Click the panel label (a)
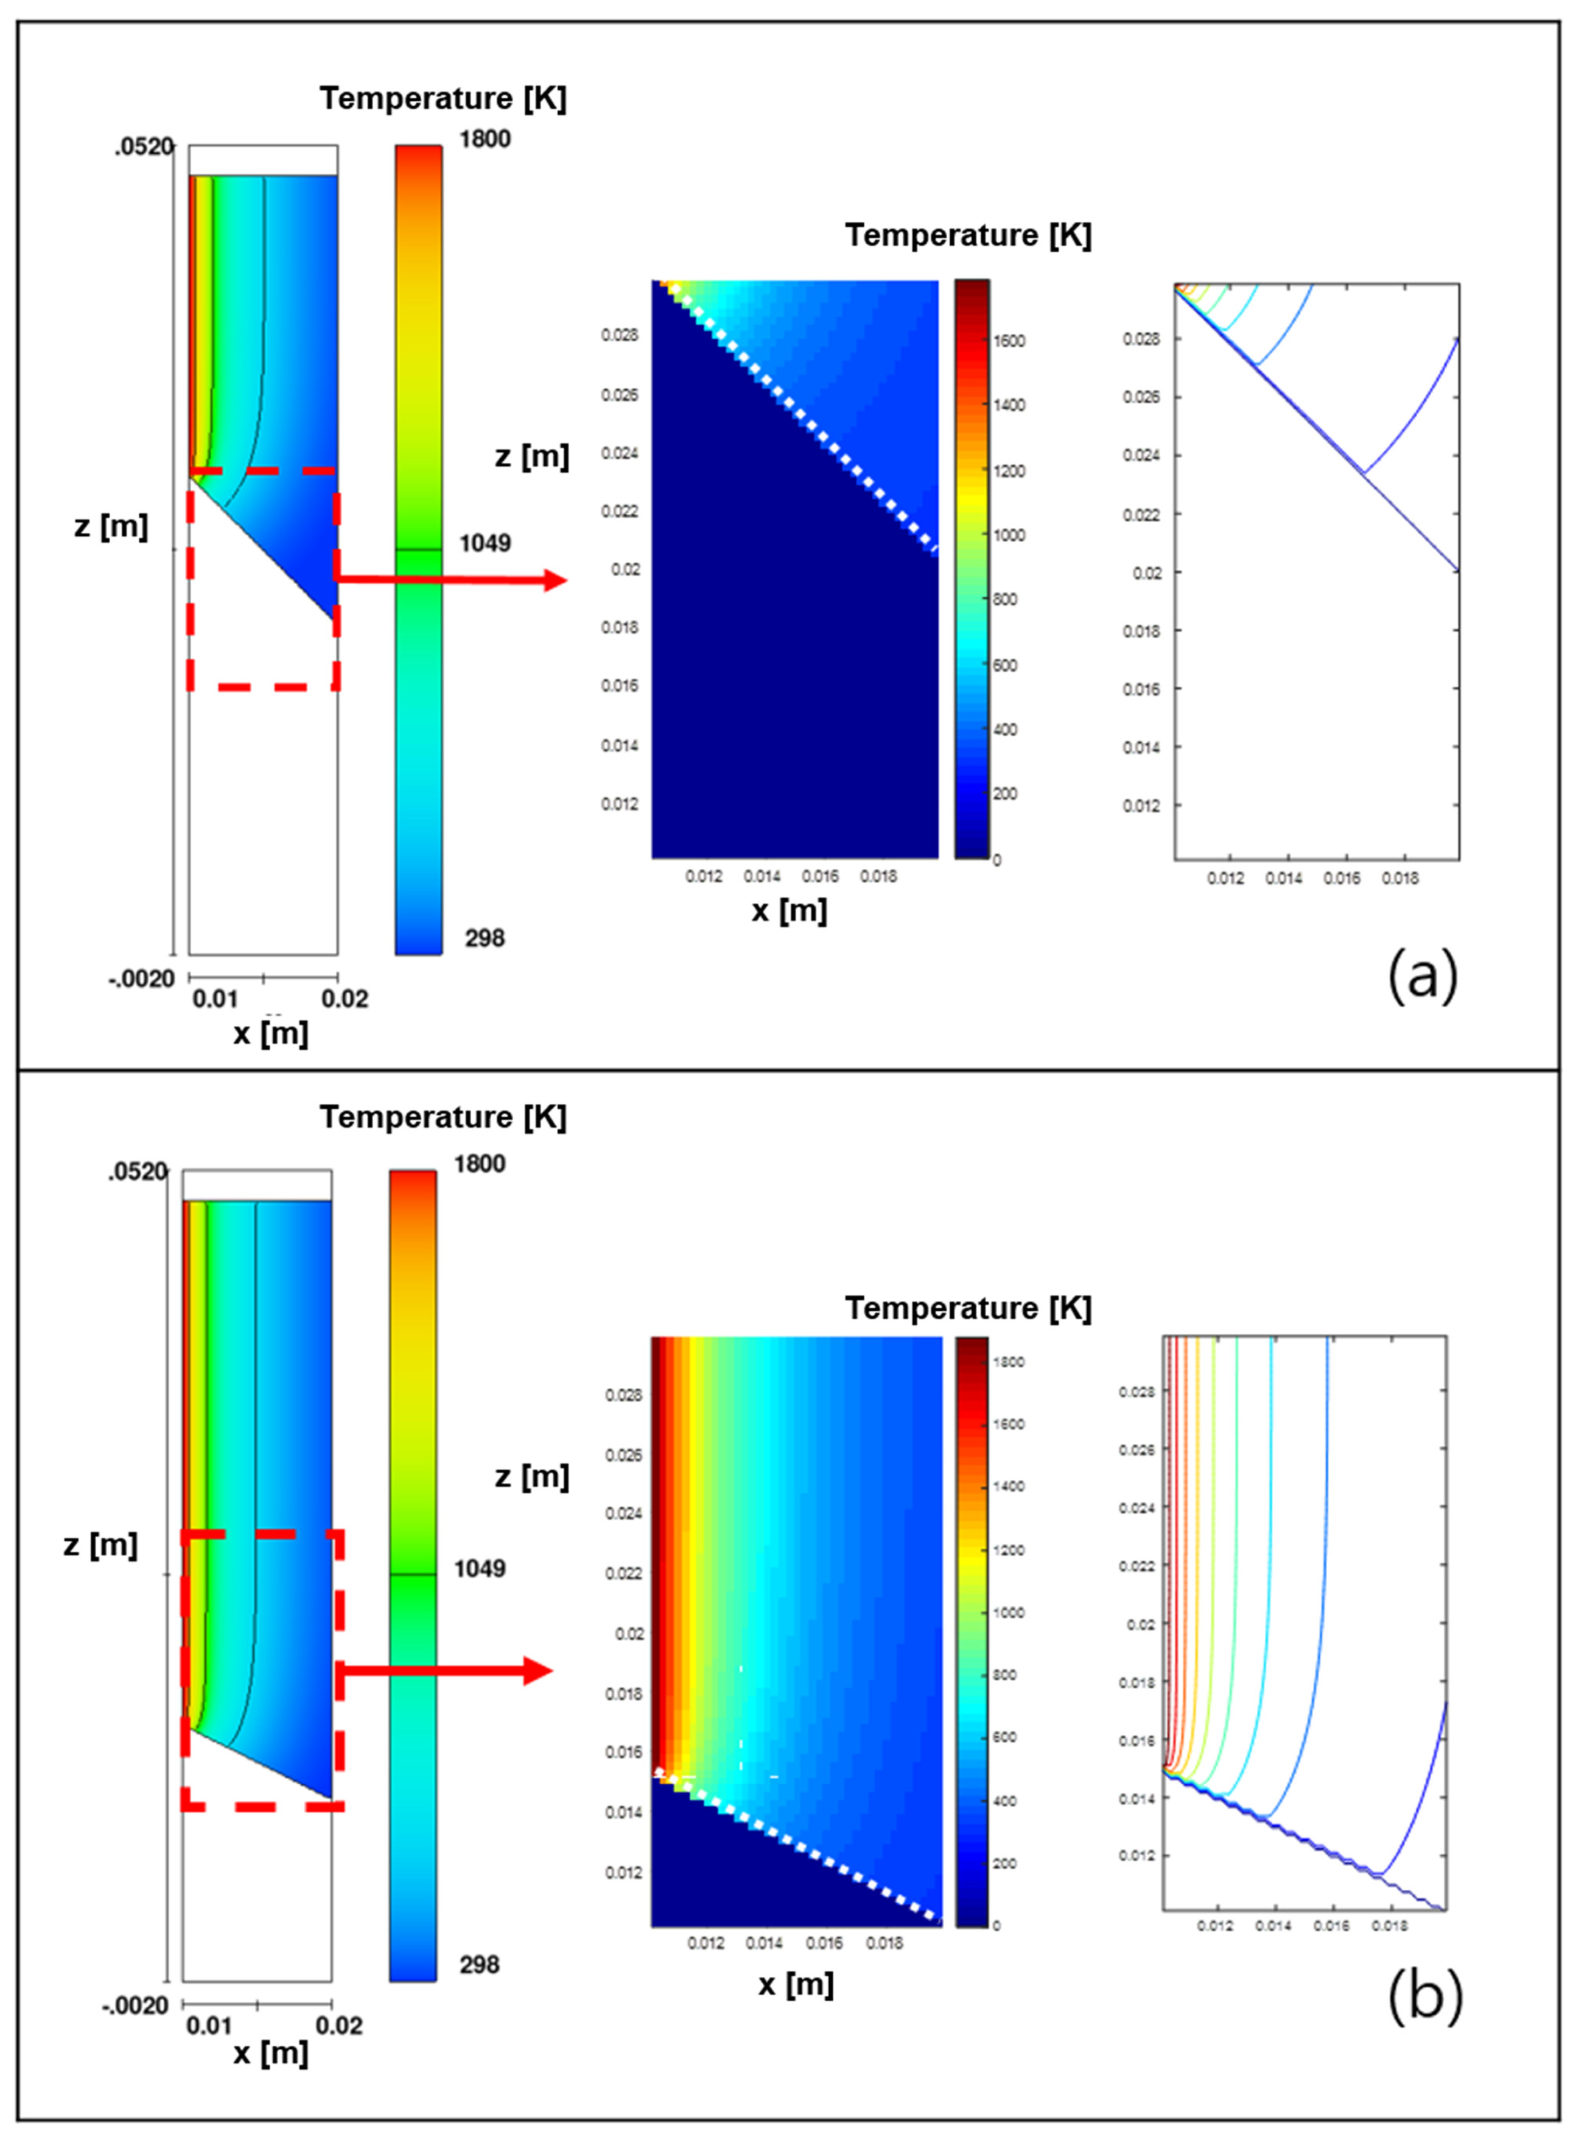click(x=1422, y=976)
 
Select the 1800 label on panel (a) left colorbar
click(x=484, y=140)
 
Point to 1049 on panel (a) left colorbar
click(x=484, y=544)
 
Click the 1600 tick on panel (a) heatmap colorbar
click(x=1009, y=341)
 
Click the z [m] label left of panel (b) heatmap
click(x=532, y=1477)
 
